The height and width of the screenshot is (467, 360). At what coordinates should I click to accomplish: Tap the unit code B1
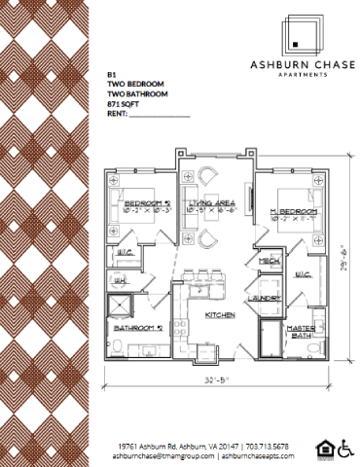click(110, 71)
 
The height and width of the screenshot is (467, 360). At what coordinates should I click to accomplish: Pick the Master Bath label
click(301, 333)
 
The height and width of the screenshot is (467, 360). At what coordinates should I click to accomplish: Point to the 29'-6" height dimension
click(351, 261)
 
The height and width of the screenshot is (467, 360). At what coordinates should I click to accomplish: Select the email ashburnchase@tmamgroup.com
click(161, 454)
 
